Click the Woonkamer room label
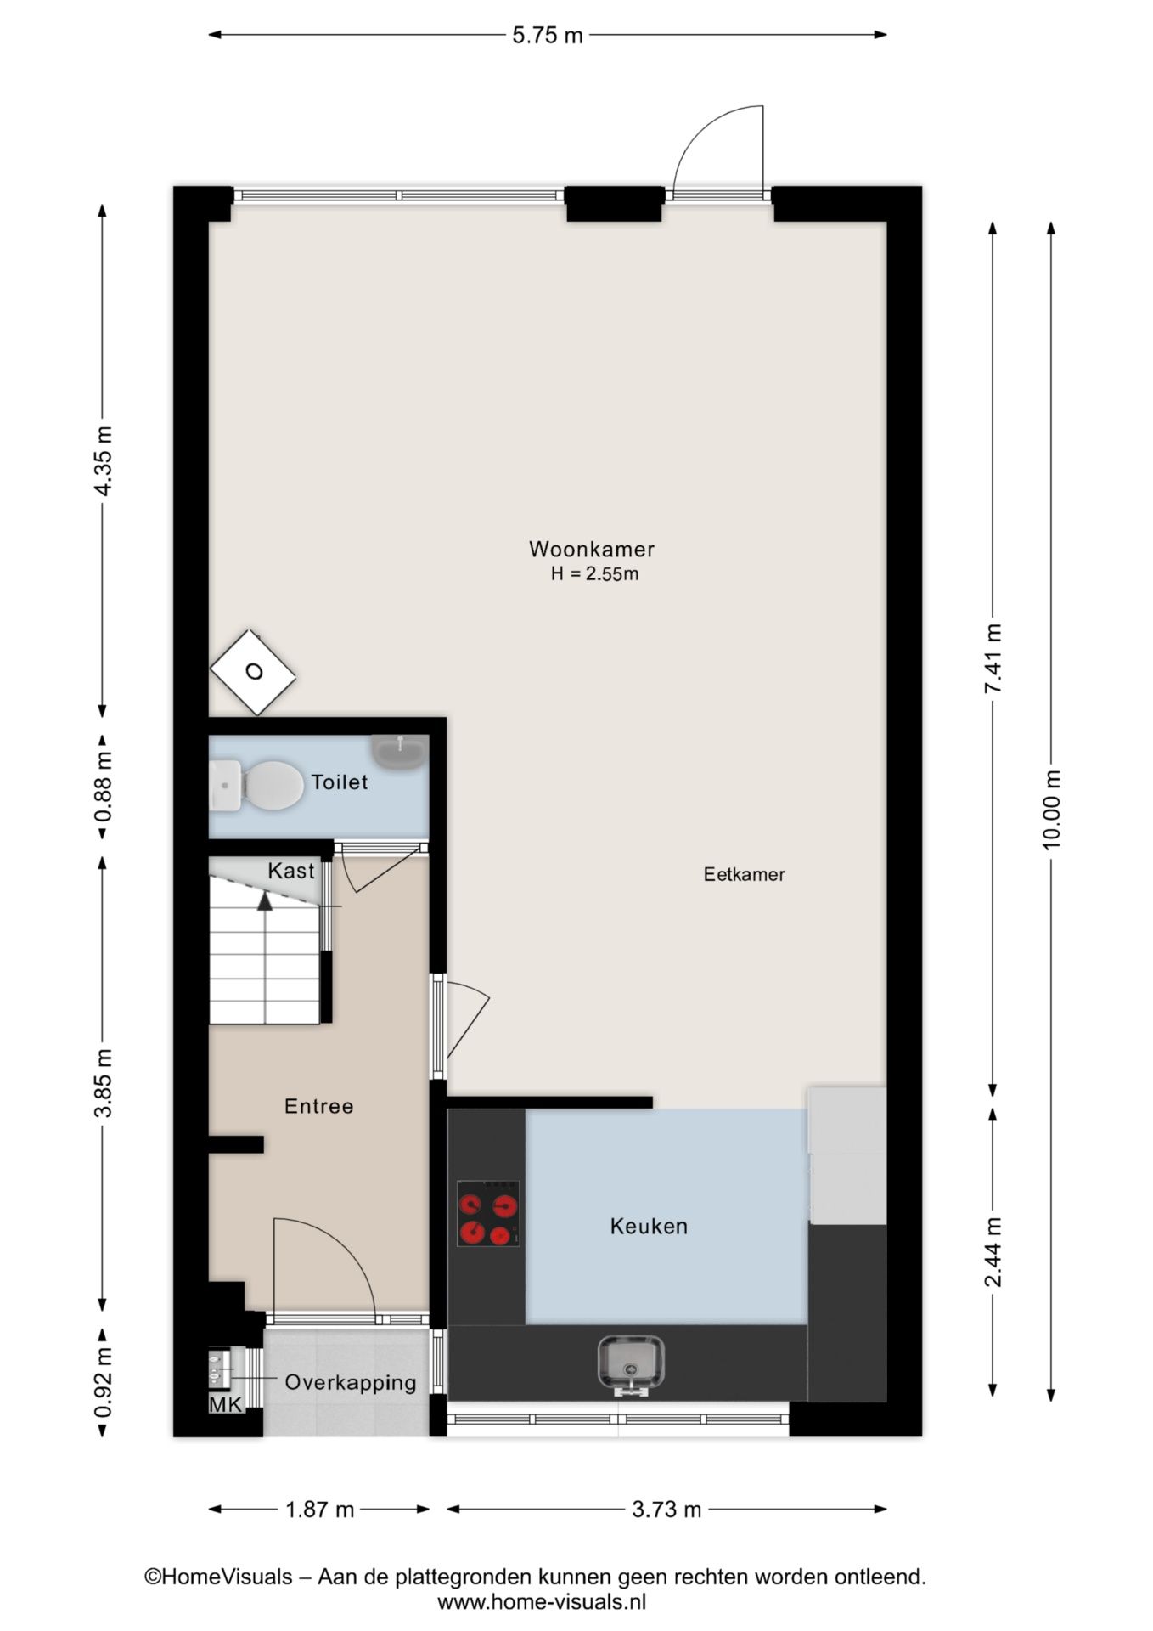tap(592, 549)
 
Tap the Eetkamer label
tap(744, 874)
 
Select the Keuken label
tap(649, 1226)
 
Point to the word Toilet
tap(339, 782)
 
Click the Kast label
tap(291, 871)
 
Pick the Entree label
tap(318, 1106)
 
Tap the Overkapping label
tap(351, 1383)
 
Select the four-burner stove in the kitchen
tap(488, 1213)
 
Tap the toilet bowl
tap(256, 785)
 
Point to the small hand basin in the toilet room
tap(399, 753)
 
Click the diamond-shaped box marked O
tap(253, 672)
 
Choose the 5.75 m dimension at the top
tap(548, 35)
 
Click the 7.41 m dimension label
tap(993, 658)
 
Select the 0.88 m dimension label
tap(103, 787)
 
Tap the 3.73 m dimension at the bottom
tap(666, 1509)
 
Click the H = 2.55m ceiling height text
tap(594, 574)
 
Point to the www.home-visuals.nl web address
tap(542, 1602)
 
